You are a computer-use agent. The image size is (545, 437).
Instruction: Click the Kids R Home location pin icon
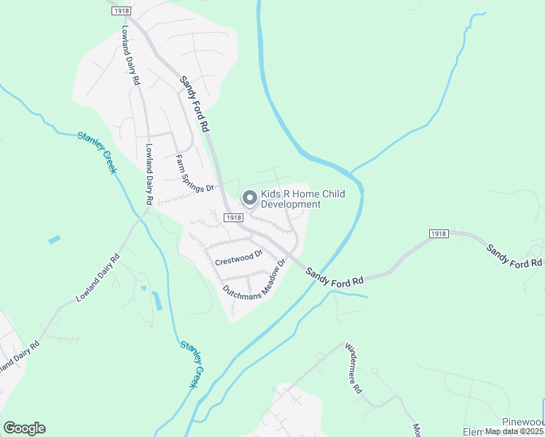[249, 197]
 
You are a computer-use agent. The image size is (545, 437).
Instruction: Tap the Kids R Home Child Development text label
[297, 200]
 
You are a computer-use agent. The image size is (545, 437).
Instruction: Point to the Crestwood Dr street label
[238, 256]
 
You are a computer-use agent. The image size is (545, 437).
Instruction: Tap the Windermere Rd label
[353, 369]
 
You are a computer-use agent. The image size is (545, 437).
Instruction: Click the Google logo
[24, 428]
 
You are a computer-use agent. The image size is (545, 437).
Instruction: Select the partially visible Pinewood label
[523, 422]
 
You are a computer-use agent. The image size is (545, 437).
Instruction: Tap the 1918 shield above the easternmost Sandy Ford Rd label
[437, 234]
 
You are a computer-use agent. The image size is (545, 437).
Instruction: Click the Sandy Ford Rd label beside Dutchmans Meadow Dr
[334, 277]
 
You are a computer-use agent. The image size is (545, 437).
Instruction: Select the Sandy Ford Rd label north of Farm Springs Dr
[195, 103]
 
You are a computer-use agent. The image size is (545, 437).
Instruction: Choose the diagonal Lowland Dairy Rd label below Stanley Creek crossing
[97, 279]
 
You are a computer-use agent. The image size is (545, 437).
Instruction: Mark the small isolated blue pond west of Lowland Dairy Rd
[55, 239]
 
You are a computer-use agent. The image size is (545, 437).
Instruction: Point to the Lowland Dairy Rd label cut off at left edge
[16, 358]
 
